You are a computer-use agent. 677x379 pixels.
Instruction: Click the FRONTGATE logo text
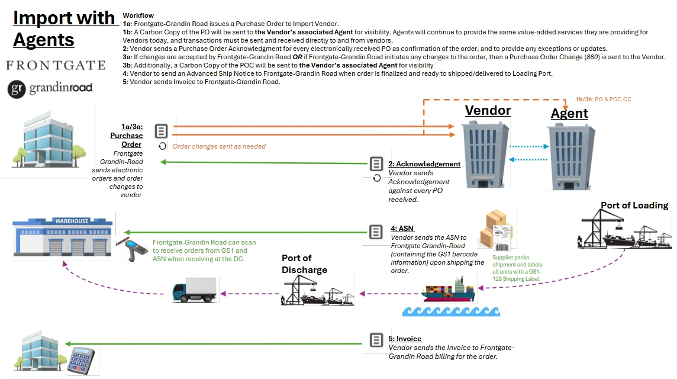tap(56, 65)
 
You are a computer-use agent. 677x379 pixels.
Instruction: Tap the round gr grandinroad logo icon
tap(17, 89)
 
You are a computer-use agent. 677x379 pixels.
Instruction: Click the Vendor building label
tap(488, 111)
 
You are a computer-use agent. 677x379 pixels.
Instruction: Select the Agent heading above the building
tap(569, 113)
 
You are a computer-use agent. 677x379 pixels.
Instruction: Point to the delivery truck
tap(195, 290)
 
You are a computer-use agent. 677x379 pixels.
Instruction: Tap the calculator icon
tap(81, 361)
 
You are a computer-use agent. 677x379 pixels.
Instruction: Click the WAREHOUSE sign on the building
tap(72, 221)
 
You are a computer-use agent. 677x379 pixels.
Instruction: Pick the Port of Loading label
tap(634, 205)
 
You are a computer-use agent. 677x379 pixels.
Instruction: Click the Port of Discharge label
tap(304, 264)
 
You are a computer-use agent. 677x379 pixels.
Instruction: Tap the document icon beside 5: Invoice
tap(376, 340)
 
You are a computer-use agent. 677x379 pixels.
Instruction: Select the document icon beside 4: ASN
tap(376, 232)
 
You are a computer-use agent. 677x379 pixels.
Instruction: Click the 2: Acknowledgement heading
tap(424, 164)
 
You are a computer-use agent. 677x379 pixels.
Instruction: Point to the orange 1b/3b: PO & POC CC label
tap(603, 99)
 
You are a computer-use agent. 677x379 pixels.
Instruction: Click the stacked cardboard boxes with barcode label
tap(497, 230)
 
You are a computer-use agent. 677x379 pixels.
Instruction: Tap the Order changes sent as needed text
tap(219, 146)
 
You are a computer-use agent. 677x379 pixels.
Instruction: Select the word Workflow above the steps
tap(138, 15)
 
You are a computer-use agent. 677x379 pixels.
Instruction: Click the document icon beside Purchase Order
tap(161, 131)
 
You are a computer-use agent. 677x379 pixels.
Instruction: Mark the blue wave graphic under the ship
tap(451, 311)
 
